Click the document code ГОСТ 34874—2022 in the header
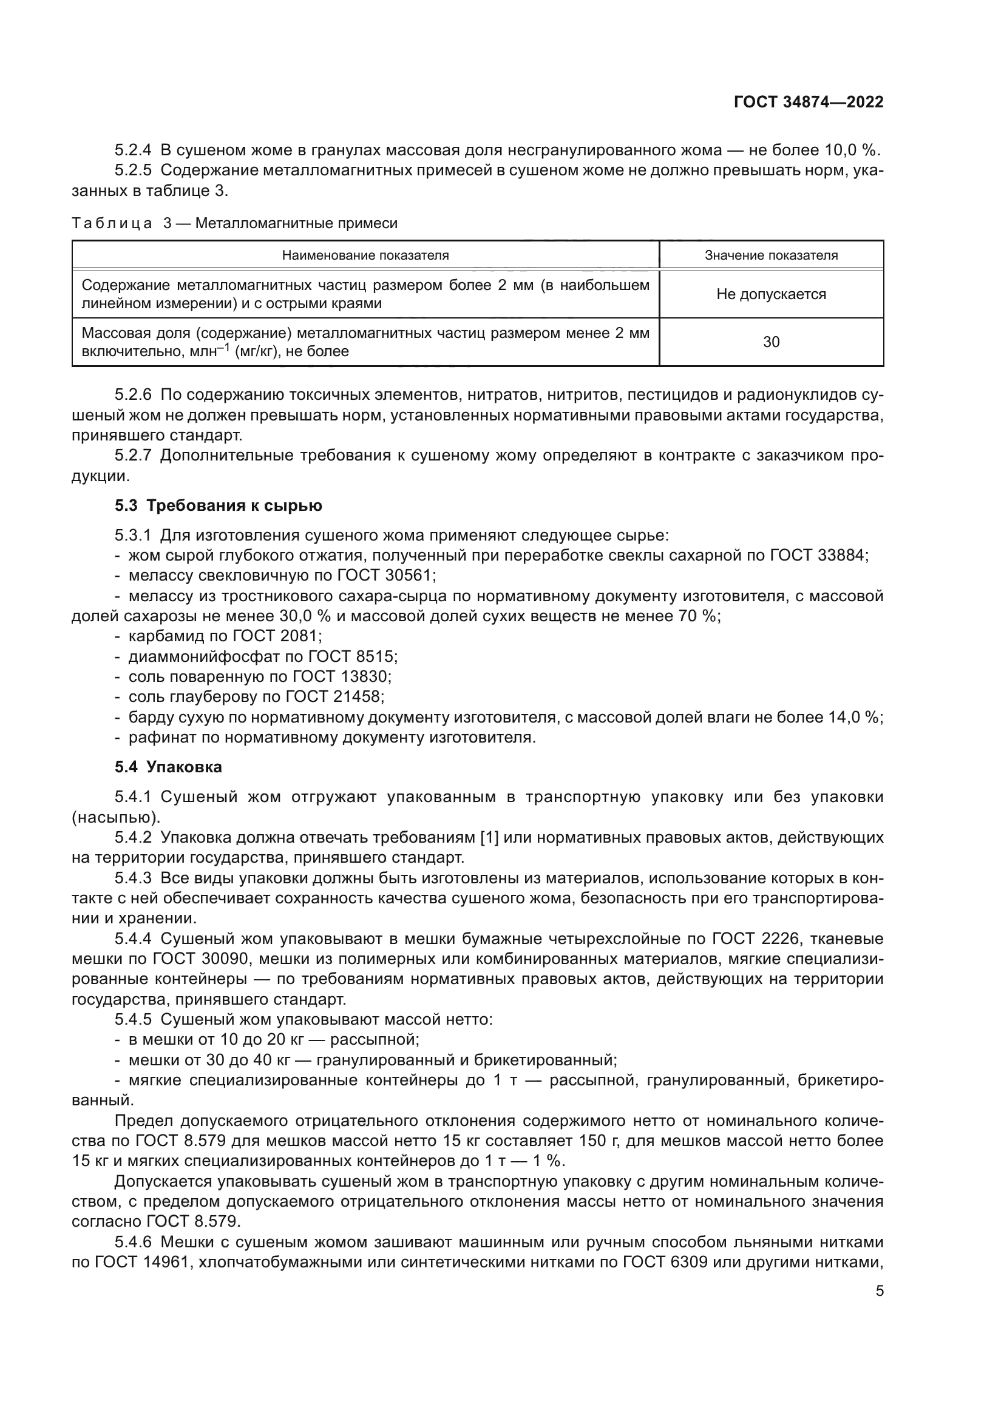pos(809,103)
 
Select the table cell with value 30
pos(771,342)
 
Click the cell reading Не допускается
pos(771,294)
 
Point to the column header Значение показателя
pos(771,255)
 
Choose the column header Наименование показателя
pos(365,255)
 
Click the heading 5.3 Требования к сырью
pos(219,505)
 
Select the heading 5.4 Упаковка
pos(168,767)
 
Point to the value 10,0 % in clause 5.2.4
pos(849,150)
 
